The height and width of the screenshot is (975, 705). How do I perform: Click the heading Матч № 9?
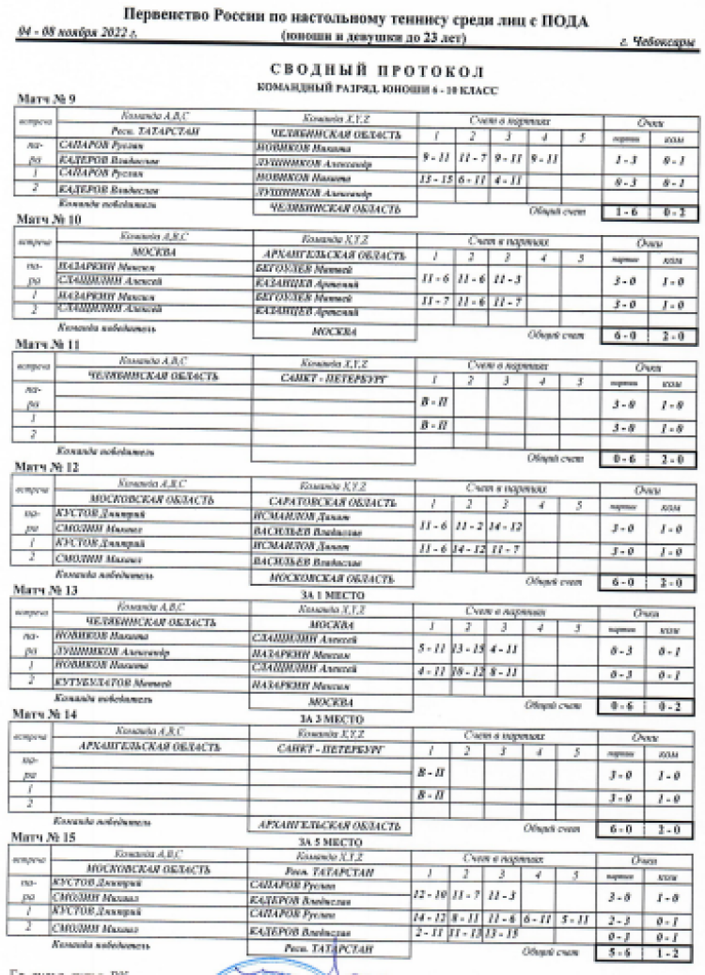tap(46, 99)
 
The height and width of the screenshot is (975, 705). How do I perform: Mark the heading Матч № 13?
tap(48, 590)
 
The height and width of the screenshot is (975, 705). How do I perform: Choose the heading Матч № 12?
tap(48, 467)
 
